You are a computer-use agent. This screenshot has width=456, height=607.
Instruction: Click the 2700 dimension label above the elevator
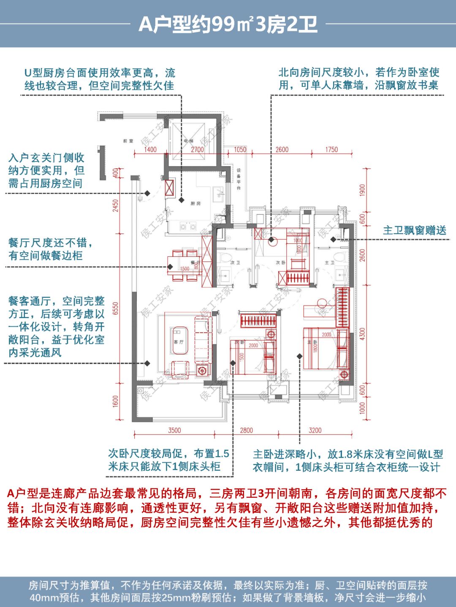click(197, 149)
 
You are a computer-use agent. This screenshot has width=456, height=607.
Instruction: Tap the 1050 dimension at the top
click(240, 149)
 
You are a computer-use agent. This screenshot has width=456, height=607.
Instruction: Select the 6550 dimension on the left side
click(116, 308)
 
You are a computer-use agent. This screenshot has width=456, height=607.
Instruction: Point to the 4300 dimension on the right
click(362, 334)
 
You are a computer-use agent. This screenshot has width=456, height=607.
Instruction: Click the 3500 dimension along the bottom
click(174, 430)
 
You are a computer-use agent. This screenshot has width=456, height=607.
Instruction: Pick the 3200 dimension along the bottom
click(315, 430)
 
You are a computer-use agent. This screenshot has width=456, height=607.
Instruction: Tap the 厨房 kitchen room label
click(195, 203)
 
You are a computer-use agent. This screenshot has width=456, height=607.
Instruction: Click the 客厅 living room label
click(179, 342)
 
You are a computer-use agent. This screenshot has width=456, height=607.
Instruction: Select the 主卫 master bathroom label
click(329, 263)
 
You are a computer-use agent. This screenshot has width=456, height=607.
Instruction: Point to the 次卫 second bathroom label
click(235, 263)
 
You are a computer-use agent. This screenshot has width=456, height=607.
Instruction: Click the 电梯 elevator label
click(188, 141)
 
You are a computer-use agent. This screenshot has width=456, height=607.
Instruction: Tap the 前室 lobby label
click(128, 141)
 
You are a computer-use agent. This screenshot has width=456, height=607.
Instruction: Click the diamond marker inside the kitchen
click(182, 200)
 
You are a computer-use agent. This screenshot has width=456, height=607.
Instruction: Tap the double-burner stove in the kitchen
click(188, 227)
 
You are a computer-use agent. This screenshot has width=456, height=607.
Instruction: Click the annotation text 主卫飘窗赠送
click(414, 230)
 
